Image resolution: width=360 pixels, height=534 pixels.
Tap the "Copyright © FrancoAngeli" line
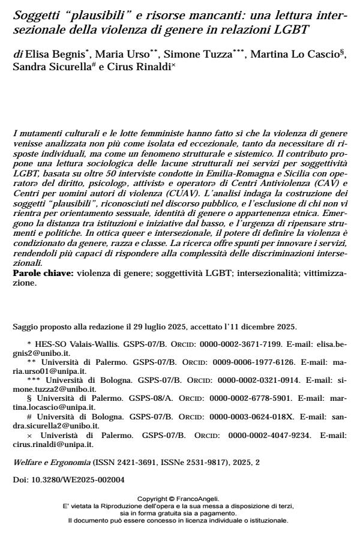pyautogui.click(x=179, y=498)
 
